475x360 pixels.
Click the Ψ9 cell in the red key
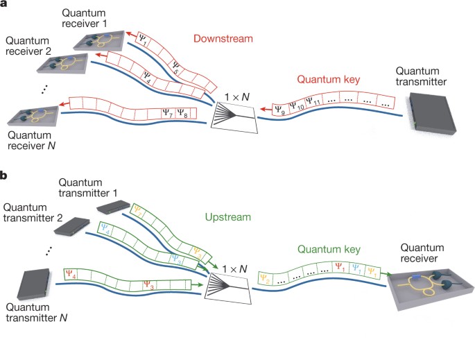(279, 108)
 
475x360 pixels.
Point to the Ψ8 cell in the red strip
(182, 112)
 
